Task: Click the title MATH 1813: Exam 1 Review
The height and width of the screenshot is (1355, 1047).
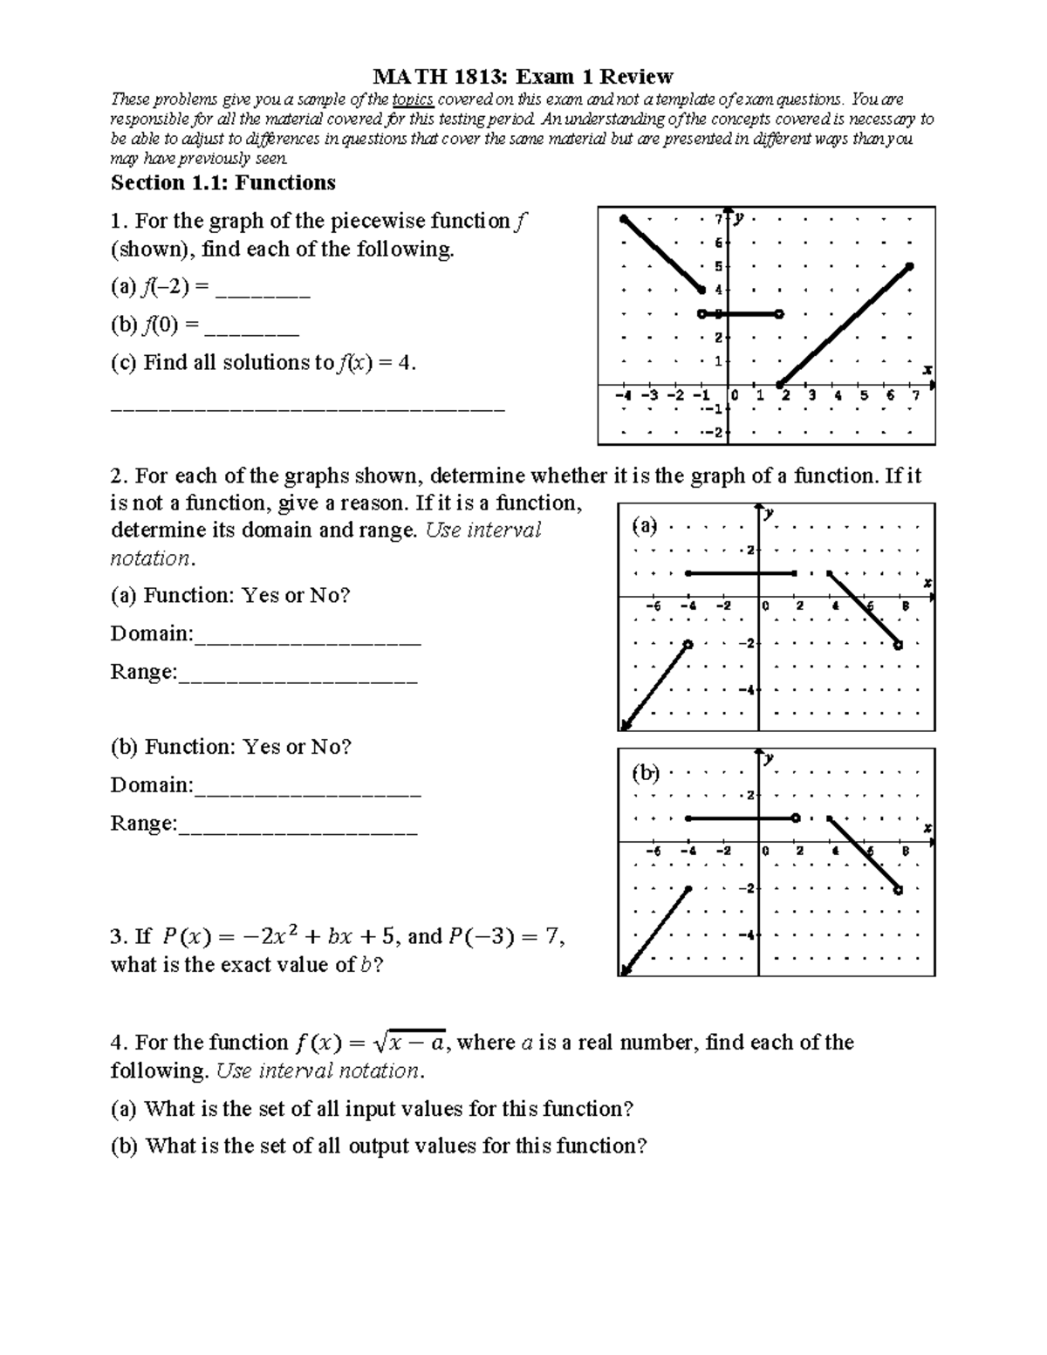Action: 523,76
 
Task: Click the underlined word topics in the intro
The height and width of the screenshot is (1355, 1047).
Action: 413,99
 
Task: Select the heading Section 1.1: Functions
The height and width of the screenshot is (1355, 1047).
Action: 222,182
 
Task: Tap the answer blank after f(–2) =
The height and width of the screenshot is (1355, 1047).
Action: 262,291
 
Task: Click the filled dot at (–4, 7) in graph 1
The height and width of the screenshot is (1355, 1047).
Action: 623,218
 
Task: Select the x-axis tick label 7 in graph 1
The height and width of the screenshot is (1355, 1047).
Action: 914,396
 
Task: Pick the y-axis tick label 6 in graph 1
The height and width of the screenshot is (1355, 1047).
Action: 718,243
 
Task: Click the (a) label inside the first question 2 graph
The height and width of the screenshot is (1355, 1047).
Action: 645,526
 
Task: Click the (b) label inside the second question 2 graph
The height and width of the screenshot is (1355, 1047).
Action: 645,773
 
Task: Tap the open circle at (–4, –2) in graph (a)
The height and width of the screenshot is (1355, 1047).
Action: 688,645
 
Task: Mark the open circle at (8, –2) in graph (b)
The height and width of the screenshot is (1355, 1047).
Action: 899,890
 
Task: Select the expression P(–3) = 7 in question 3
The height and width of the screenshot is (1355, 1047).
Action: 506,937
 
